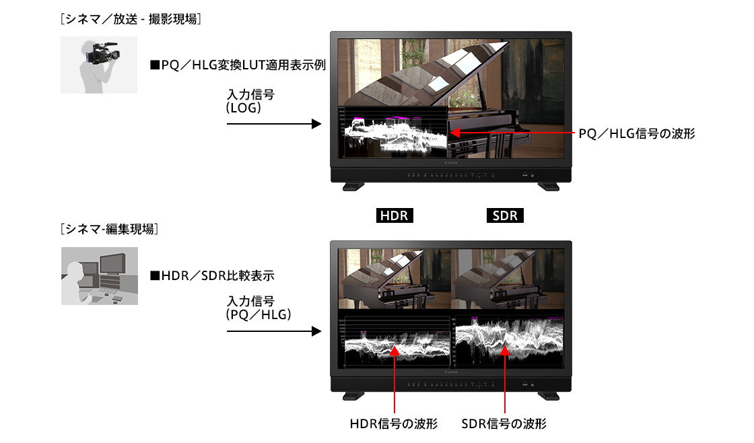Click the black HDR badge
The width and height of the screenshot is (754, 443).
(394, 216)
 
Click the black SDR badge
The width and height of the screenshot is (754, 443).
(505, 216)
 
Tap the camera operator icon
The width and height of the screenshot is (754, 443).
(99, 65)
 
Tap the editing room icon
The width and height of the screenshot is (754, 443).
(100, 276)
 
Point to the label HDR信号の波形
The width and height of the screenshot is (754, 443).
(394, 424)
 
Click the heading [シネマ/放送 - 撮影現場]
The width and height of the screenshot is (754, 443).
(131, 20)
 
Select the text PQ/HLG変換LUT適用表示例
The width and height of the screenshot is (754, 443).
(238, 65)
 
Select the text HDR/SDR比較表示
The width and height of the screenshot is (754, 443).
(212, 276)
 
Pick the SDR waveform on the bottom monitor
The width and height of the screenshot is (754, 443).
(508, 340)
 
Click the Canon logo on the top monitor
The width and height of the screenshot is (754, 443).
(450, 163)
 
